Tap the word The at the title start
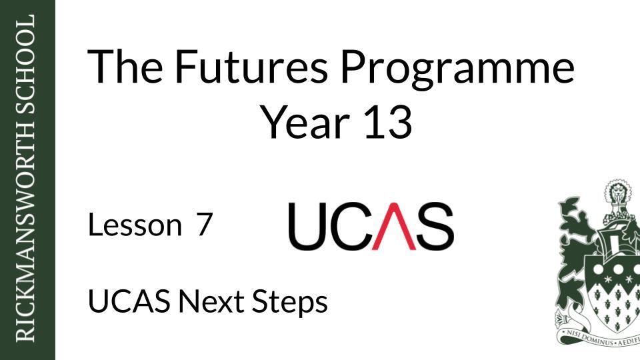pos(125,67)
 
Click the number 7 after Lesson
pos(203,225)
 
